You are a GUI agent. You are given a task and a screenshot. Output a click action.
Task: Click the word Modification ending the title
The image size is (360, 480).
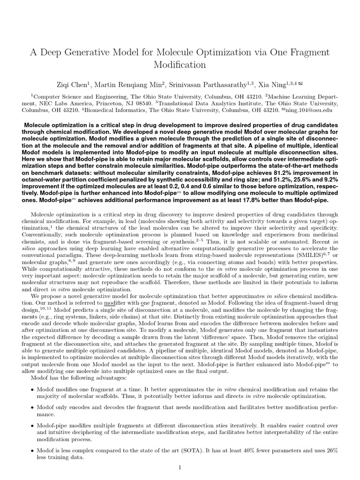180,64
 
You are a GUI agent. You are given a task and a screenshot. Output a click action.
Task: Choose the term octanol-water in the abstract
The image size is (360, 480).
43,173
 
